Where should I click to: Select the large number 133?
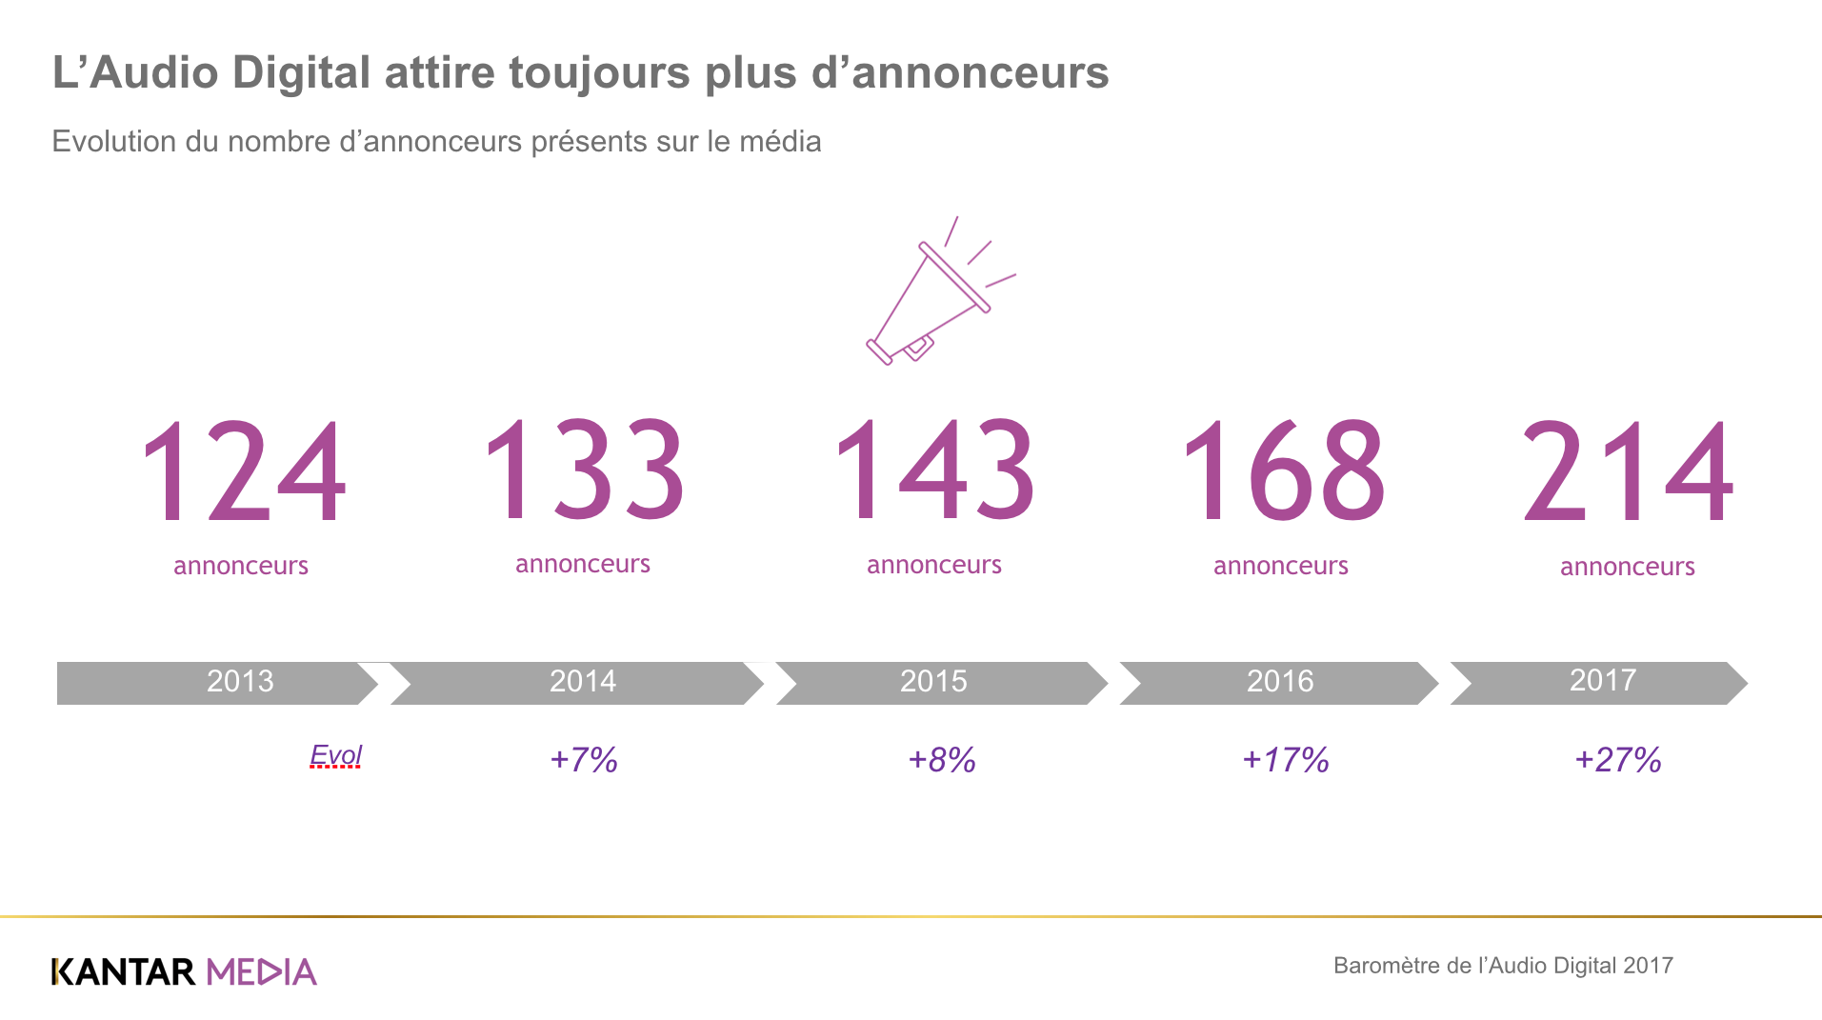(584, 470)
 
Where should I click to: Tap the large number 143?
(934, 470)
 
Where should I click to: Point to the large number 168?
(1282, 472)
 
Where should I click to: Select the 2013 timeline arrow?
(219, 683)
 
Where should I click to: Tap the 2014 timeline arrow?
(577, 683)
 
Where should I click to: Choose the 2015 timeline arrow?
(938, 683)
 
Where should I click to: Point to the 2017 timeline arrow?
(1600, 682)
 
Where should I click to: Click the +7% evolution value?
(584, 760)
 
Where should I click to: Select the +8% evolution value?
(942, 760)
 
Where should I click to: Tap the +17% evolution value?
(1286, 760)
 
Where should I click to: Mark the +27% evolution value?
(1618, 760)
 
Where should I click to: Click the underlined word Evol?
(335, 756)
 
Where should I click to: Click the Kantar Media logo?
(184, 971)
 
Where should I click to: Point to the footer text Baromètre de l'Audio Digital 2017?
(1503, 966)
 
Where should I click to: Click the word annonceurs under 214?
(1627, 567)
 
